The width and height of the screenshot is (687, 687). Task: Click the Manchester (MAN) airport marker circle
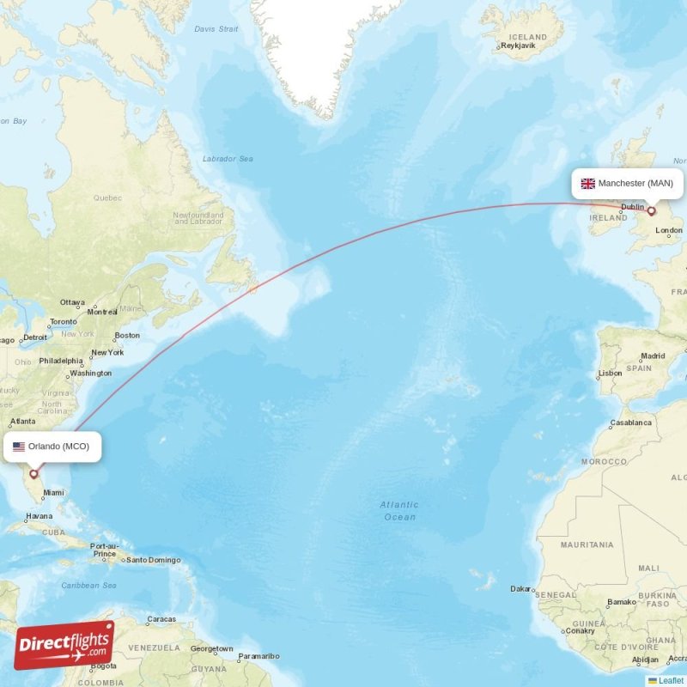click(x=652, y=210)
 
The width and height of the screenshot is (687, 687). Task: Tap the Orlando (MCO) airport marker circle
click(x=33, y=473)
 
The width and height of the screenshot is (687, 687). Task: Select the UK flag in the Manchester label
click(x=588, y=184)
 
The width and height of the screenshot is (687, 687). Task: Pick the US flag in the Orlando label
click(x=19, y=447)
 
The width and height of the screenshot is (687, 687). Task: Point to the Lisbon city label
click(x=611, y=374)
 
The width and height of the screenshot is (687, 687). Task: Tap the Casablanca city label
click(x=630, y=423)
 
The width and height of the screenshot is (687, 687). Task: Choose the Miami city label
click(x=53, y=493)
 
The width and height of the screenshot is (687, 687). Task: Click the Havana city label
click(x=39, y=517)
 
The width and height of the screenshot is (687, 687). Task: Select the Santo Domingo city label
click(x=153, y=561)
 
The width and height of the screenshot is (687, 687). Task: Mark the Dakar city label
click(x=520, y=589)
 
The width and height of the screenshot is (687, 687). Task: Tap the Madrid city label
click(x=653, y=356)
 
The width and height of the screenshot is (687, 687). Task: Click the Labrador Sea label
click(x=228, y=159)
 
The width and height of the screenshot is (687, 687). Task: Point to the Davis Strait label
click(x=216, y=28)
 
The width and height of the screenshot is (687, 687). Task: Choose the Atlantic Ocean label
click(x=399, y=511)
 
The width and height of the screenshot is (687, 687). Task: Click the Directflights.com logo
click(x=64, y=645)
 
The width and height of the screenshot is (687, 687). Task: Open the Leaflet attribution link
click(x=671, y=680)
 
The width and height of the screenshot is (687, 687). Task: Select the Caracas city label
click(x=161, y=619)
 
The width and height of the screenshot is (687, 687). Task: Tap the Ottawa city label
click(x=72, y=302)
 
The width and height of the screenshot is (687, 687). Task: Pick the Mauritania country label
click(x=587, y=544)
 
